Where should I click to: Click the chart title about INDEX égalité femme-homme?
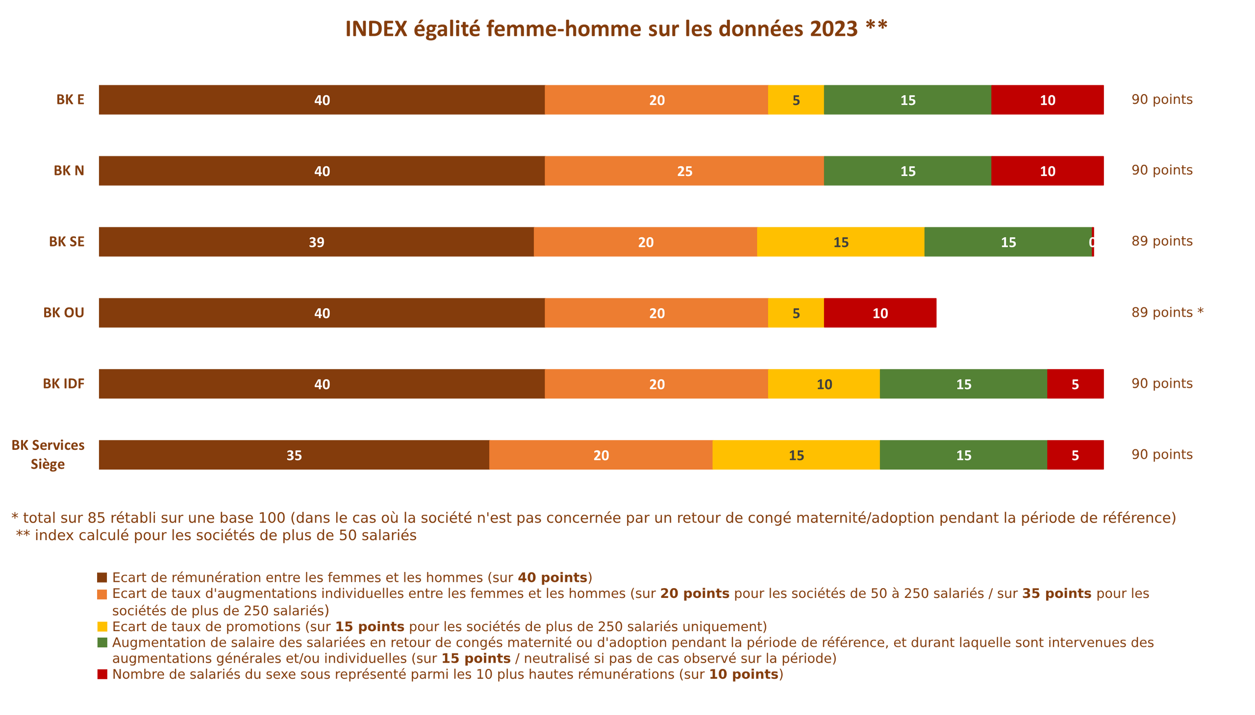pos(616,28)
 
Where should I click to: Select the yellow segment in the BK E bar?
pos(796,99)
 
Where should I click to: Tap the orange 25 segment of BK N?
pos(684,171)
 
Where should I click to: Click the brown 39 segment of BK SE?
pos(316,242)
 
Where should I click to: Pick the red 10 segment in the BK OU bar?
pos(881,313)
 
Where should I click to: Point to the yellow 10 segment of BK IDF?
pos(824,384)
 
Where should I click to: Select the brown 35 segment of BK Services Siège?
pos(293,455)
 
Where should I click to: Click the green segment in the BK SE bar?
pos(1008,242)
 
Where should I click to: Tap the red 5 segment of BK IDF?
pos(1076,384)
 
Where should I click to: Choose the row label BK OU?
pos(64,313)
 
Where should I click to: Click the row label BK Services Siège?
pos(48,454)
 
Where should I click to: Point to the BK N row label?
pos(69,171)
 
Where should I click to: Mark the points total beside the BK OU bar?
pos(1167,312)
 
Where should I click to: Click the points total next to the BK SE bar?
pos(1162,241)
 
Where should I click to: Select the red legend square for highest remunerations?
pos(101,674)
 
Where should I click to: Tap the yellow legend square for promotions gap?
pos(101,627)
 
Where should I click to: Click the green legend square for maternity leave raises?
pos(101,642)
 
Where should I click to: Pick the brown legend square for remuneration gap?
pos(101,577)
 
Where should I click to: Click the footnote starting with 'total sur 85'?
pos(593,518)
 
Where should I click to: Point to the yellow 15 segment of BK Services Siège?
pos(796,455)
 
